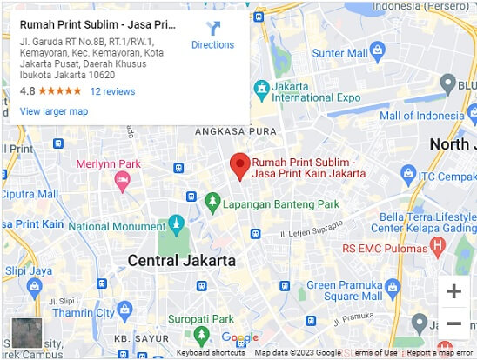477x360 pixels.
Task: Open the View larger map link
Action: pyautogui.click(x=54, y=111)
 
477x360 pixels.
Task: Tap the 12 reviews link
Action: pyautogui.click(x=112, y=91)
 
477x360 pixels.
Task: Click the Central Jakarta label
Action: pyautogui.click(x=181, y=260)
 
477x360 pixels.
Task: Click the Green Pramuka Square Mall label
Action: pyautogui.click(x=346, y=291)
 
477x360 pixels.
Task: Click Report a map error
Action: pyautogui.click(x=440, y=353)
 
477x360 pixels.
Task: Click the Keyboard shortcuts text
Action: pyautogui.click(x=211, y=353)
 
